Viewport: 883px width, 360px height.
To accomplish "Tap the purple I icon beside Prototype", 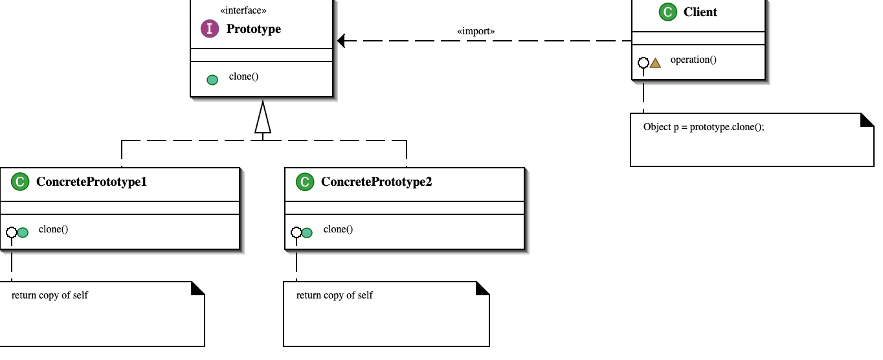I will (x=209, y=28).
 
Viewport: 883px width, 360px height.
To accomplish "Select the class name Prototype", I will (x=253, y=29).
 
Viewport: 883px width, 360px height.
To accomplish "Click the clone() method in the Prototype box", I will (x=243, y=76).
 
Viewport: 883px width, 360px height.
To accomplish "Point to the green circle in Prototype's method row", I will (x=212, y=80).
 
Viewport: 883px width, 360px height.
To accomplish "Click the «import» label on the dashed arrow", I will (x=476, y=31).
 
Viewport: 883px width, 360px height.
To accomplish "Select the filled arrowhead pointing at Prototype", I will (x=342, y=41).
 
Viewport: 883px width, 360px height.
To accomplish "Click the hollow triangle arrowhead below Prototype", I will (x=262, y=118).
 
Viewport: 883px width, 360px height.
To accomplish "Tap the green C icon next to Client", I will (x=667, y=12).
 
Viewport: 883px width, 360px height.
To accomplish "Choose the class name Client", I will (x=700, y=12).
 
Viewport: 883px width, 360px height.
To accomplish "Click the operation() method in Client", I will (x=693, y=60).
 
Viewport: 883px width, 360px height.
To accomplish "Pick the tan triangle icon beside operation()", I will (x=655, y=63).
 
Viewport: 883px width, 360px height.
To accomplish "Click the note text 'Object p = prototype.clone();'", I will (x=704, y=127).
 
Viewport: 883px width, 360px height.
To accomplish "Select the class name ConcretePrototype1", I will (x=91, y=182).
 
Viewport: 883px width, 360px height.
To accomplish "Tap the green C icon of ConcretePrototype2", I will (x=304, y=182).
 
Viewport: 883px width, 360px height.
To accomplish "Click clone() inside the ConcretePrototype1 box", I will (x=53, y=229).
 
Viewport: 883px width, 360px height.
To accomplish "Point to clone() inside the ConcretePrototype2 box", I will (x=338, y=229).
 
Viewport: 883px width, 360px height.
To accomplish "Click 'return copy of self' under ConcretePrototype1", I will (x=50, y=295).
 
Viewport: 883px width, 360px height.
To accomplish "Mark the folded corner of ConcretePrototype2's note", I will (x=483, y=288).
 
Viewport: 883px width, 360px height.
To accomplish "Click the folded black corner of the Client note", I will (x=867, y=120).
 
